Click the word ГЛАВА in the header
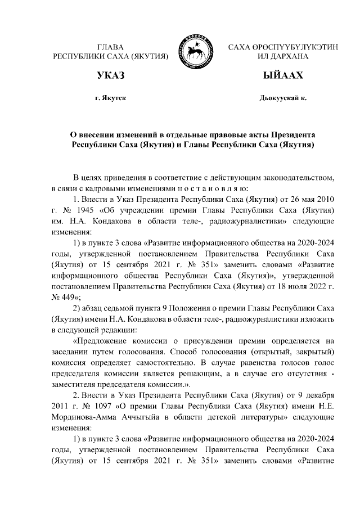(x=110, y=47)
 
